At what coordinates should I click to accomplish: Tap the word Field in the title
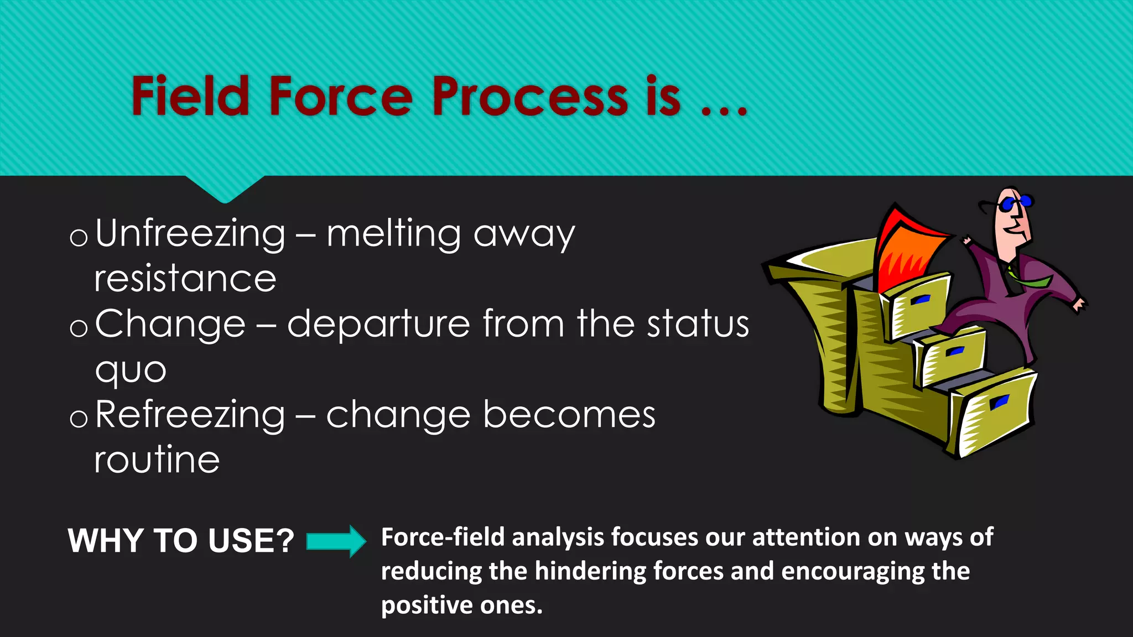coord(190,97)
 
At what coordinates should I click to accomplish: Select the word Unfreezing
coord(190,234)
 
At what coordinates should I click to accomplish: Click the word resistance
coord(185,279)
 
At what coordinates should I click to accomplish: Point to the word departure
coord(379,324)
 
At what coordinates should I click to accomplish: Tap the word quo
coord(131,370)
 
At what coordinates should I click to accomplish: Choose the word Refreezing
coord(190,415)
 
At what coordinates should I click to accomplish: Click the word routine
coord(157,460)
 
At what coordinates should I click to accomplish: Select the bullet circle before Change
coord(79,328)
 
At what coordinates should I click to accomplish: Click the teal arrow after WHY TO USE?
coord(336,541)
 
